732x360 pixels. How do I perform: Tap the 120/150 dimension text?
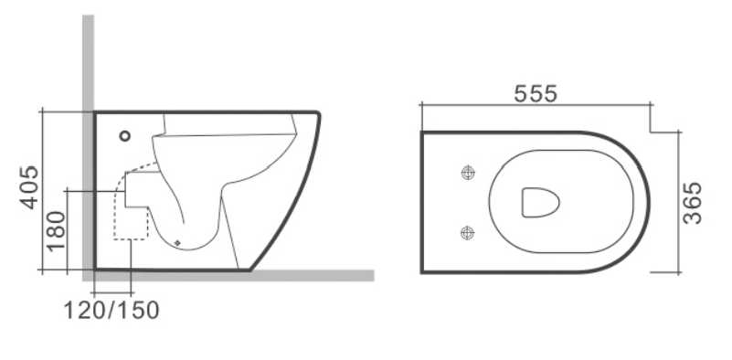point(112,310)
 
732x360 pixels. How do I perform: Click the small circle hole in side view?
point(125,137)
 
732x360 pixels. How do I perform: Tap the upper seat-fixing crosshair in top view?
point(469,172)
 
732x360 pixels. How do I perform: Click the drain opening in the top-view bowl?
point(540,202)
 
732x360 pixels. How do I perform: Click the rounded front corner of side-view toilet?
point(317,116)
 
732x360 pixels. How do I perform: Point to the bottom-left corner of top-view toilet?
point(423,270)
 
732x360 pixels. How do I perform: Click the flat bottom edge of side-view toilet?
point(174,270)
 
